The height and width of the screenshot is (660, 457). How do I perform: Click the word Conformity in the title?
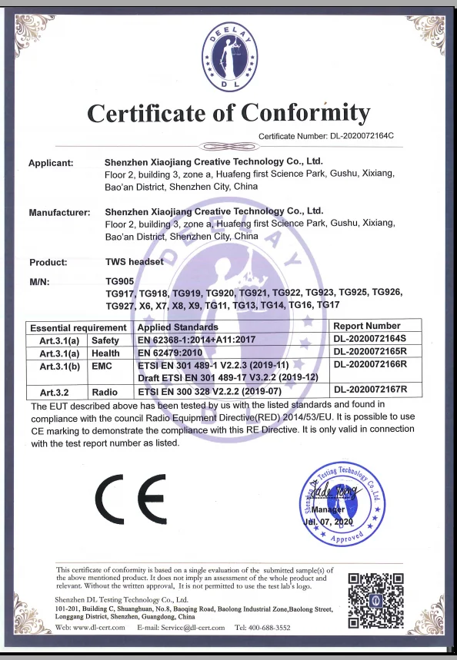(306, 114)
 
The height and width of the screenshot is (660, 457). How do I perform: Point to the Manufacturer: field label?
(59, 211)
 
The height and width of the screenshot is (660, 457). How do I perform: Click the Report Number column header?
(367, 327)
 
